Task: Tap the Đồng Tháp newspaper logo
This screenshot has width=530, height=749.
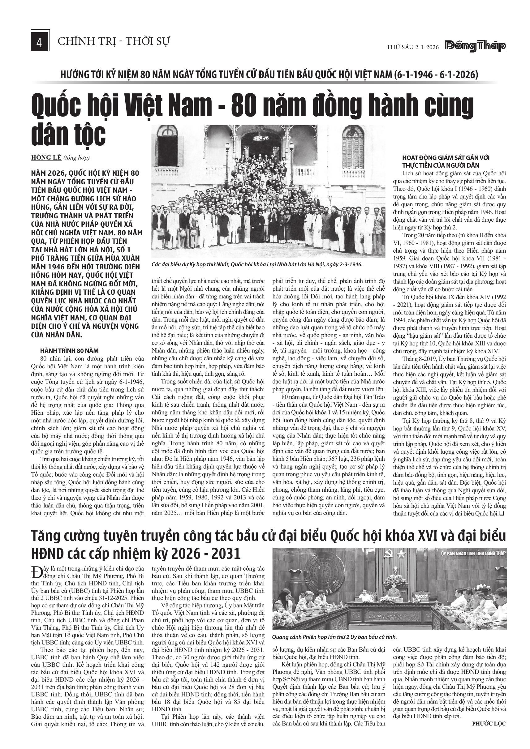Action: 475,46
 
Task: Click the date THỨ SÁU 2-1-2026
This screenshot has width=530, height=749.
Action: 413,47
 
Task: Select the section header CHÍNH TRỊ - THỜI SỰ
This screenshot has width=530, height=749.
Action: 114,41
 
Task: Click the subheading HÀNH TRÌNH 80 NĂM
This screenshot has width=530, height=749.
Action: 69,351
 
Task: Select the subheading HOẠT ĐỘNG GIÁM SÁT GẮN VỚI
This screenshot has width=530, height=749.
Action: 446,158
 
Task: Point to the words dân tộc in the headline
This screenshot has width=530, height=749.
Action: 69,135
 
